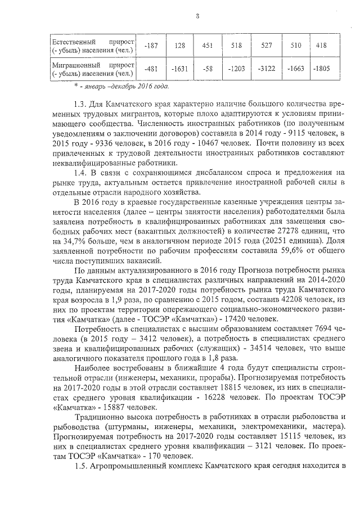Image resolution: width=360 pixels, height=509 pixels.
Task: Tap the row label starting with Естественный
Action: pos(92,46)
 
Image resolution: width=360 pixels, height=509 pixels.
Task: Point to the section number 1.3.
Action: pos(82,105)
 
